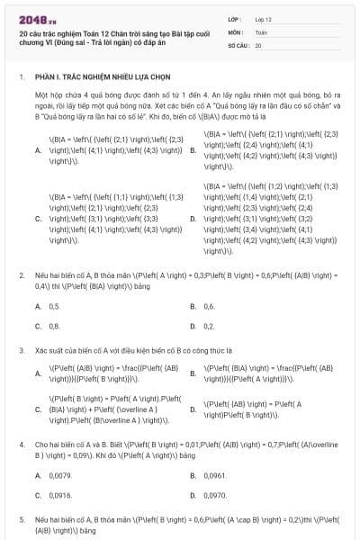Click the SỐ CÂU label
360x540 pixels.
tap(238, 44)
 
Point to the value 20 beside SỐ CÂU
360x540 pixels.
tap(258, 44)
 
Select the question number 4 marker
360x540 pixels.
tap(22, 444)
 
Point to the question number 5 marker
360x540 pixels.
tap(22, 520)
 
